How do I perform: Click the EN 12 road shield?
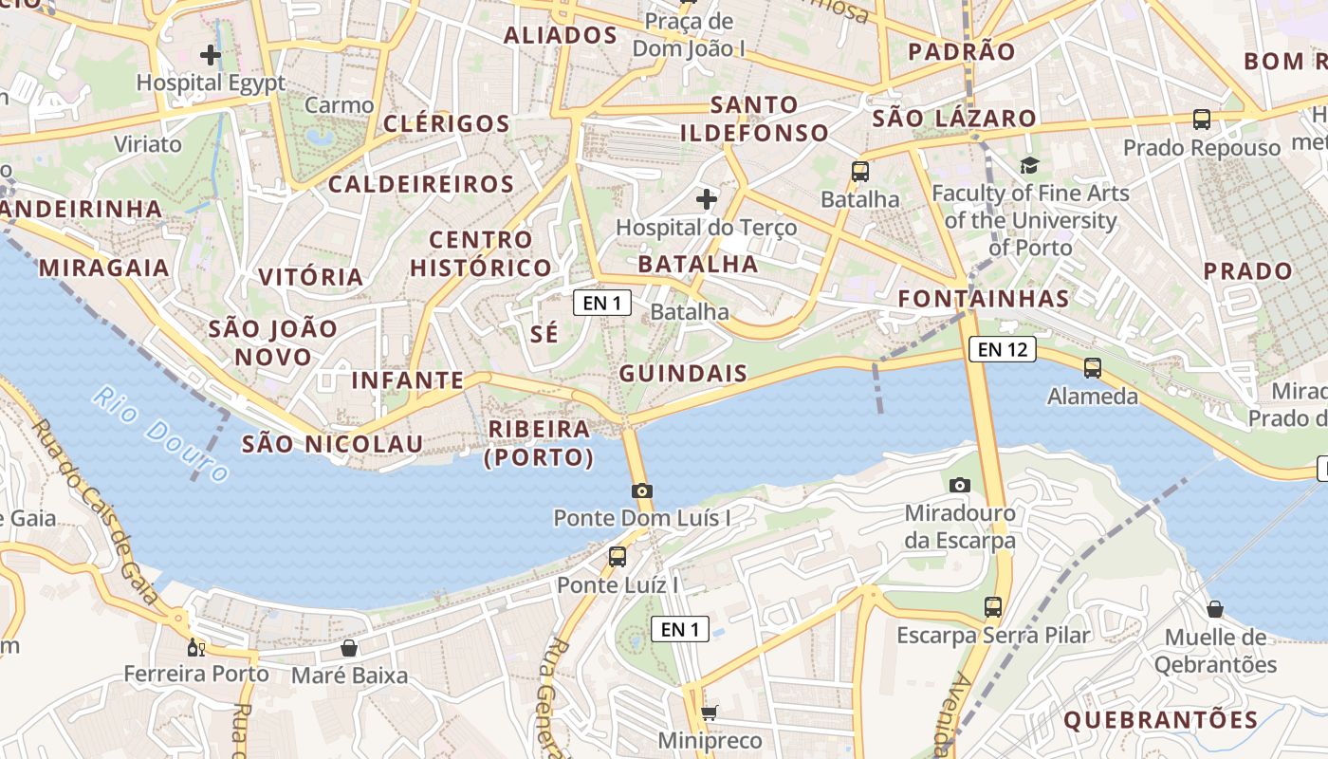click(x=1003, y=349)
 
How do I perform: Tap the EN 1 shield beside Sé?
click(x=602, y=303)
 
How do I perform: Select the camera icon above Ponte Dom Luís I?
click(x=642, y=491)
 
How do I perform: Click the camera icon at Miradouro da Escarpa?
click(x=960, y=485)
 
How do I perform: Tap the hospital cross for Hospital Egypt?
click(x=211, y=55)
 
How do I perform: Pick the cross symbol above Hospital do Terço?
click(x=706, y=199)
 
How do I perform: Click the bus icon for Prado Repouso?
click(x=1202, y=120)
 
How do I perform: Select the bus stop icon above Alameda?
click(x=1093, y=367)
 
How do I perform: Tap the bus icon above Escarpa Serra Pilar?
click(x=993, y=606)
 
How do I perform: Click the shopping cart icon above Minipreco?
click(x=709, y=713)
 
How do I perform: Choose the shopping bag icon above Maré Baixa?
click(x=349, y=648)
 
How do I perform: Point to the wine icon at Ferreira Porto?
click(x=196, y=648)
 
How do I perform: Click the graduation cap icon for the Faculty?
click(x=1030, y=166)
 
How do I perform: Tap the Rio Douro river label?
click(x=161, y=435)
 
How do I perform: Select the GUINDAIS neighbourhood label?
click(x=683, y=374)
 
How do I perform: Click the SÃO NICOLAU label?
click(x=332, y=443)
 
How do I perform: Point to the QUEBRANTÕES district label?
click(x=1160, y=720)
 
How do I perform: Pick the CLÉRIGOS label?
click(x=447, y=123)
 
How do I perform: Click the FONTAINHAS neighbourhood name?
click(x=984, y=299)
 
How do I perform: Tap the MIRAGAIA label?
click(x=104, y=268)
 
